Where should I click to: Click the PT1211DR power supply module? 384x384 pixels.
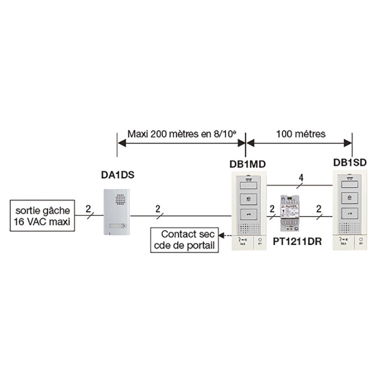[x=292, y=212]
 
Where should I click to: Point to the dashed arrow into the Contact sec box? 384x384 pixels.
[x=226, y=235]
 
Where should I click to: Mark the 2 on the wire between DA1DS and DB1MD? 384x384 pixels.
[x=158, y=209]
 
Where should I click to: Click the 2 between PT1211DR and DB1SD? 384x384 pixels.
[x=318, y=209]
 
